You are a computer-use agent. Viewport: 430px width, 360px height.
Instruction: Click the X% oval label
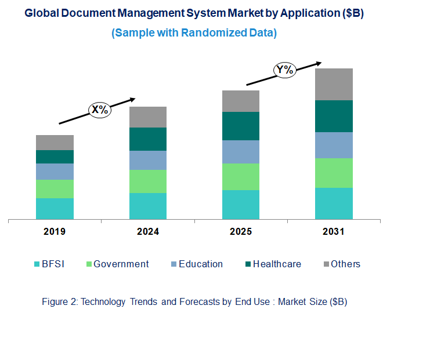tap(99, 110)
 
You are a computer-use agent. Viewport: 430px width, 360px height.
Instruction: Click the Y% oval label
tap(286, 71)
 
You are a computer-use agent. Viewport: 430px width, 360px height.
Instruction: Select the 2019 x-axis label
tap(55, 232)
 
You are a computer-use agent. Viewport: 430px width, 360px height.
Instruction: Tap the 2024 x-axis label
tap(148, 232)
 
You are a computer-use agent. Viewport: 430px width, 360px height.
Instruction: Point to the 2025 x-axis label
tap(241, 232)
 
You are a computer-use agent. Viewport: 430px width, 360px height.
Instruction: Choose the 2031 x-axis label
tap(334, 232)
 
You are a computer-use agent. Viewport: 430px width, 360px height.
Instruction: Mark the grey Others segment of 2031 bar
tap(334, 84)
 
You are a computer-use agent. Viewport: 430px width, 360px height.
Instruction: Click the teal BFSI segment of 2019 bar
tap(55, 209)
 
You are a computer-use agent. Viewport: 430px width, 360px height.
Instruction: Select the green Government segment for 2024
tap(148, 181)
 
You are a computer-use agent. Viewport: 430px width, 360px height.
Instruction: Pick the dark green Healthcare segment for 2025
tap(241, 126)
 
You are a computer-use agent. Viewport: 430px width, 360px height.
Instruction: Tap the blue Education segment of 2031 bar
tap(334, 145)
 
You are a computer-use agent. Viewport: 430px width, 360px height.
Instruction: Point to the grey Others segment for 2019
tap(55, 143)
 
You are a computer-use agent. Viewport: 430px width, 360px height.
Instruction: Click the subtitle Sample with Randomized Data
tap(194, 33)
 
